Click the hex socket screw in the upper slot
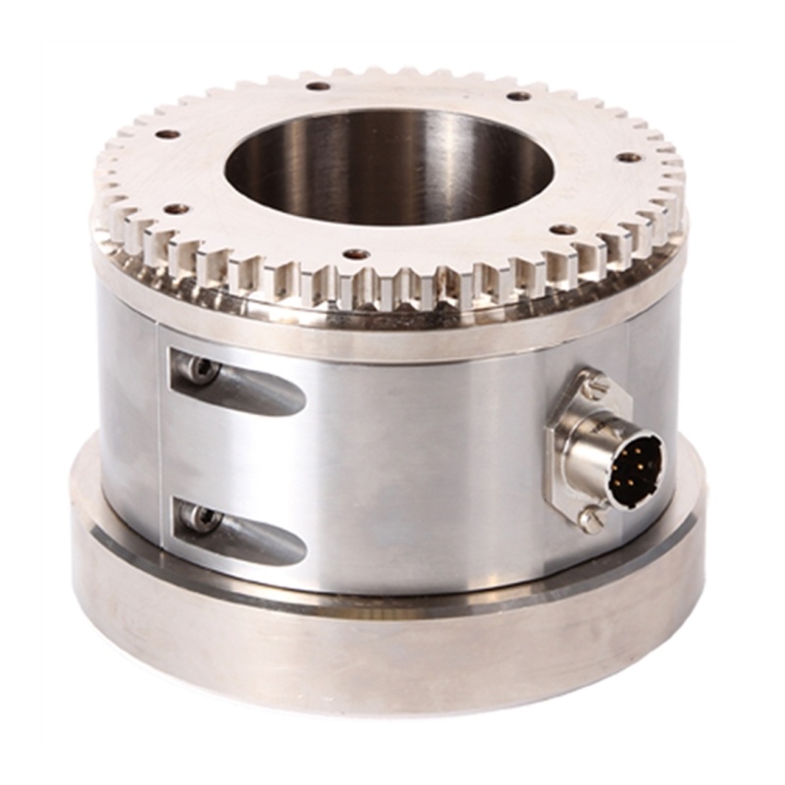[x=200, y=370]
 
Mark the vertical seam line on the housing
[x=160, y=432]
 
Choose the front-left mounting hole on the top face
[x=177, y=209]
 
